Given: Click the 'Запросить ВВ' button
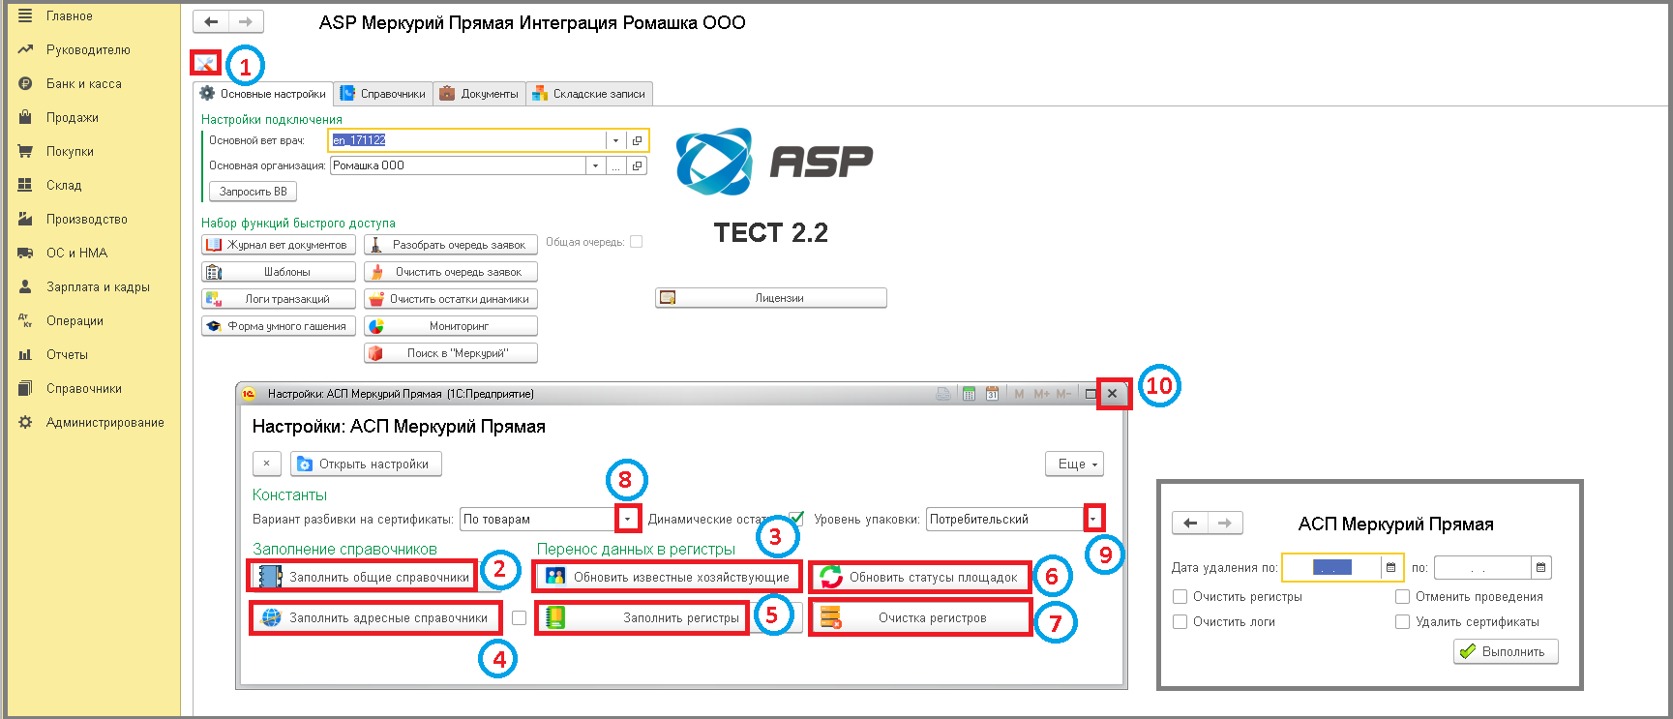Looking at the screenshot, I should pyautogui.click(x=253, y=192).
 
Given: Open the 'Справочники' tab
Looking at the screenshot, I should pyautogui.click(x=383, y=94).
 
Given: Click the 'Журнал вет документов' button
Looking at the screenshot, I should pyautogui.click(x=279, y=245).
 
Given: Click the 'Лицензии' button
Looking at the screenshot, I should pyautogui.click(x=770, y=298).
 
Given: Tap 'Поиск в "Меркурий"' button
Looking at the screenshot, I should pyautogui.click(x=450, y=353).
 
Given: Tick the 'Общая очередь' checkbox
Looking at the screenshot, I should pyautogui.click(x=636, y=242).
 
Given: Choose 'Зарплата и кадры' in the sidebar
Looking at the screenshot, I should pyautogui.click(x=98, y=287).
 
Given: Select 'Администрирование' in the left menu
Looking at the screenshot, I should pyautogui.click(x=105, y=423).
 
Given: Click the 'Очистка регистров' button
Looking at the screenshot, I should pyautogui.click(x=920, y=618).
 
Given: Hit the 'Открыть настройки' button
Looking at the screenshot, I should pyautogui.click(x=366, y=464).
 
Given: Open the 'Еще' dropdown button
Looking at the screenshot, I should pyautogui.click(x=1074, y=464).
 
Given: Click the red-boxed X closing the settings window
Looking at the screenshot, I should pyautogui.click(x=1113, y=394).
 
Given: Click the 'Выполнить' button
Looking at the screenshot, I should pyautogui.click(x=1505, y=652).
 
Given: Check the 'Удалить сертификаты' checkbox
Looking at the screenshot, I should pyautogui.click(x=1402, y=622).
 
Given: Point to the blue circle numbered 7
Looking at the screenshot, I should pyautogui.click(x=1056, y=624).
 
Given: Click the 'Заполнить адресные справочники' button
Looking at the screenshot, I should pyautogui.click(x=376, y=618).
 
